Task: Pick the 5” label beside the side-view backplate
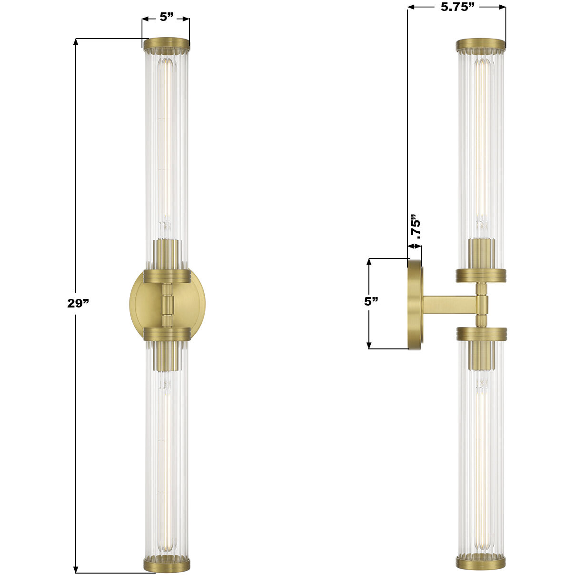point(371,301)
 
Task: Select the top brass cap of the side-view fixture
point(481,45)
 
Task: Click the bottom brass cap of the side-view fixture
point(481,562)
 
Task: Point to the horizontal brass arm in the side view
point(450,305)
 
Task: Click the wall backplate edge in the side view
point(415,305)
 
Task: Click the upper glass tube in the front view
point(167,143)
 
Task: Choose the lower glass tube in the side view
point(481,452)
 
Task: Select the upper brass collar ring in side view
point(481,275)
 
